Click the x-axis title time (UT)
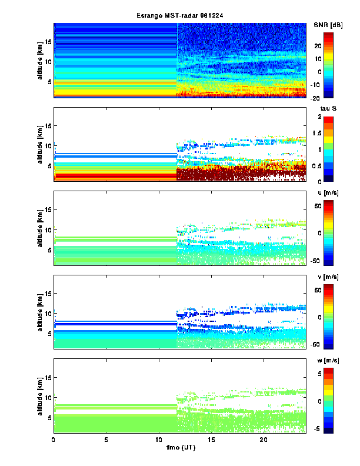(180, 448)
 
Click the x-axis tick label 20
(264, 440)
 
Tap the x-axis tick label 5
(106, 440)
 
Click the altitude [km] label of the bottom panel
(40, 395)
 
